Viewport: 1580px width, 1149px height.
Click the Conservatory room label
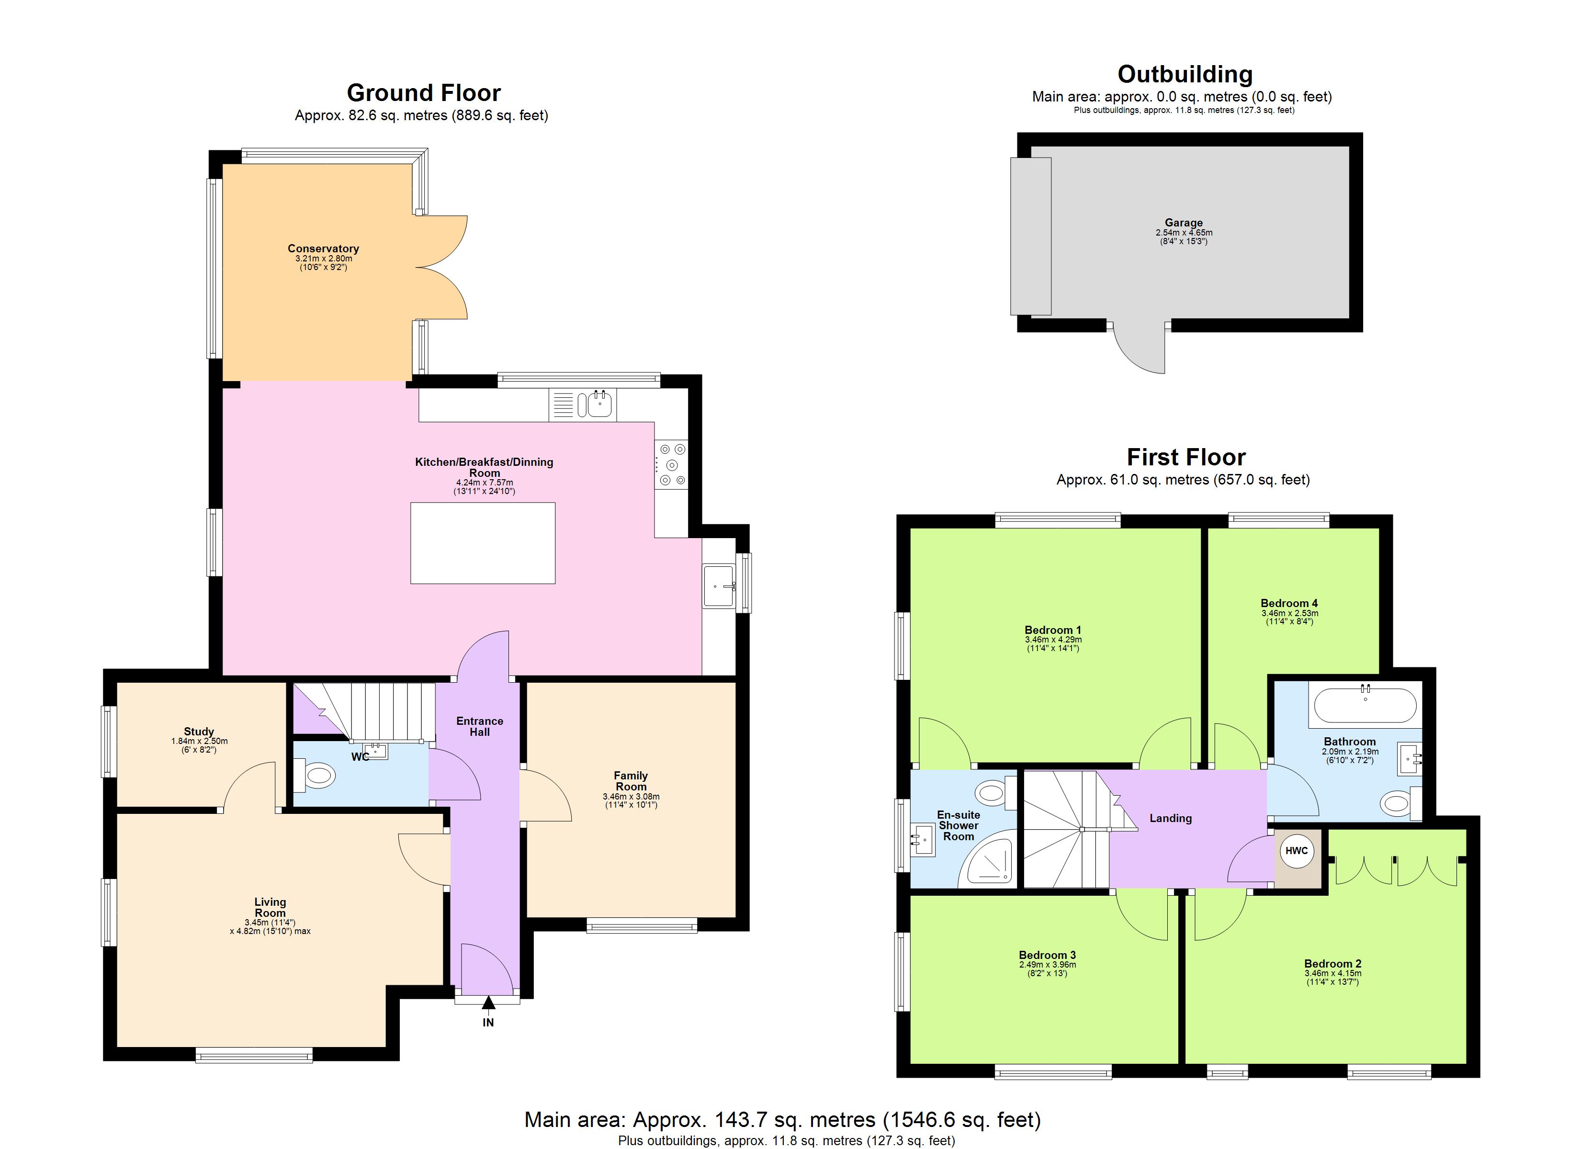323,249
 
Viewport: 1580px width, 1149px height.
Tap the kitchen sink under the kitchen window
599,404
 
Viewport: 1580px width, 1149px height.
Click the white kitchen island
483,543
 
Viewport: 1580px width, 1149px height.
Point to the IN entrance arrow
488,1003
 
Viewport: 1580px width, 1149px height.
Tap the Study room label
199,732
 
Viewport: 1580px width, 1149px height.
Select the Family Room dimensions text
631,800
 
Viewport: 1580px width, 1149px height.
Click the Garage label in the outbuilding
1184,223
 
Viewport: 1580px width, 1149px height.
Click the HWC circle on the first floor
1297,851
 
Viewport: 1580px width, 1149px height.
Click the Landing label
1170,818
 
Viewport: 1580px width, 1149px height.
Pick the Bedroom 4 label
1289,603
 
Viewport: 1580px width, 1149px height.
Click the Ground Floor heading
424,93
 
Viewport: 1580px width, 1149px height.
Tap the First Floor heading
1185,457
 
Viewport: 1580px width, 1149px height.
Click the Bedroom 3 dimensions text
1047,969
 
